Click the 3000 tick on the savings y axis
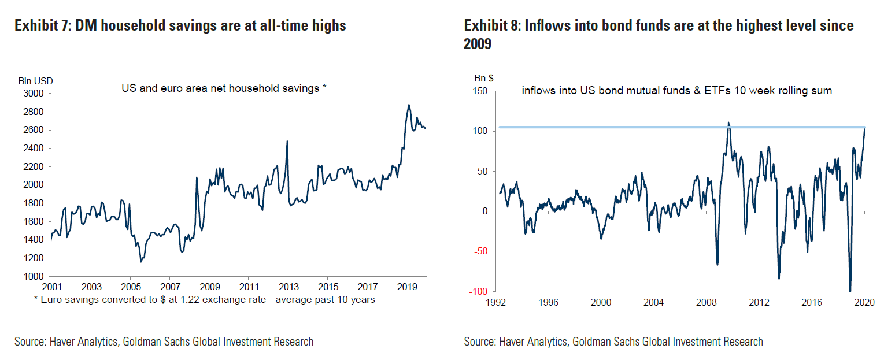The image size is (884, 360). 34,93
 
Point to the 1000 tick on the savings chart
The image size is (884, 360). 34,277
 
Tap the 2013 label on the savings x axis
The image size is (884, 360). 288,287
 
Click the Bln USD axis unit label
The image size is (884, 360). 35,81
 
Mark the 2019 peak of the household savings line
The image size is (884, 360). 409,105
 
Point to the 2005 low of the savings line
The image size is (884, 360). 140,262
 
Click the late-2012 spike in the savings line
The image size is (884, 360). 287,141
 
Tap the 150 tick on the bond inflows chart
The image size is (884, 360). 480,91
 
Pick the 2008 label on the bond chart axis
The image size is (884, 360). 707,302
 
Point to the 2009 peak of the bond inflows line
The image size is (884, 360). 728,123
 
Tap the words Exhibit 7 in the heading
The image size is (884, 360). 39,25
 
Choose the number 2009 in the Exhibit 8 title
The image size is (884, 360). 478,44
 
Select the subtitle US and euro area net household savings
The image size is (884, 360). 224,88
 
